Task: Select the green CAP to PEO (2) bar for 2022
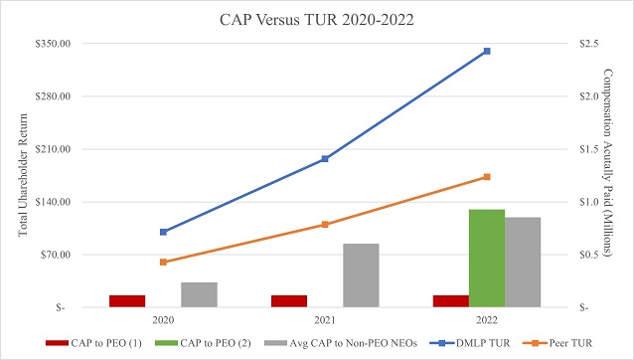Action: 487,258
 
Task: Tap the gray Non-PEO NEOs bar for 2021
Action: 361,274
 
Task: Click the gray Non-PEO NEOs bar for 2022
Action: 523,262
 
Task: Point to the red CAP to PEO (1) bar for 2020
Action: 127,300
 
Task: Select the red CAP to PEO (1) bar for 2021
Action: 289,300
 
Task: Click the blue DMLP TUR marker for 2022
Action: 487,51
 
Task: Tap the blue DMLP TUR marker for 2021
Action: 325,159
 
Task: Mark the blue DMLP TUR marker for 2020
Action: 163,232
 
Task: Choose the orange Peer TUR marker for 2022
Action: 487,177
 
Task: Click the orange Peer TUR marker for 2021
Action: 325,225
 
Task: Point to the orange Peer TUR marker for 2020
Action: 163,262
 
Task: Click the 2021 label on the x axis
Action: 325,320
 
